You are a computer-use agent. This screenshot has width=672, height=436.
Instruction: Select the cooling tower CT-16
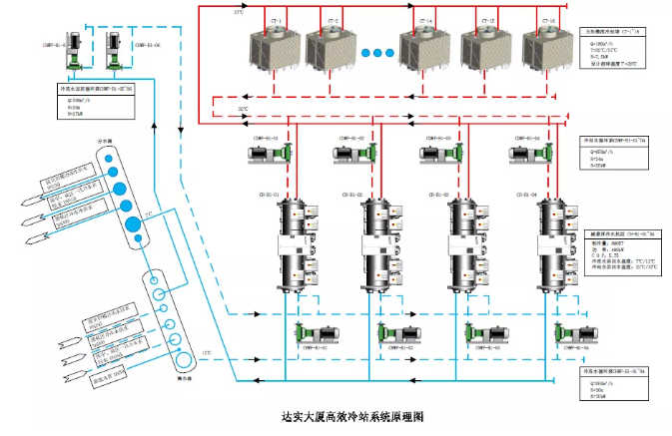(x=548, y=46)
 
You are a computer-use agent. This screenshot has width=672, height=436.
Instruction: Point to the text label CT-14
(x=426, y=20)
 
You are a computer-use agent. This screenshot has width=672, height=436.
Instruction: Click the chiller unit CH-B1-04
(x=554, y=244)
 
